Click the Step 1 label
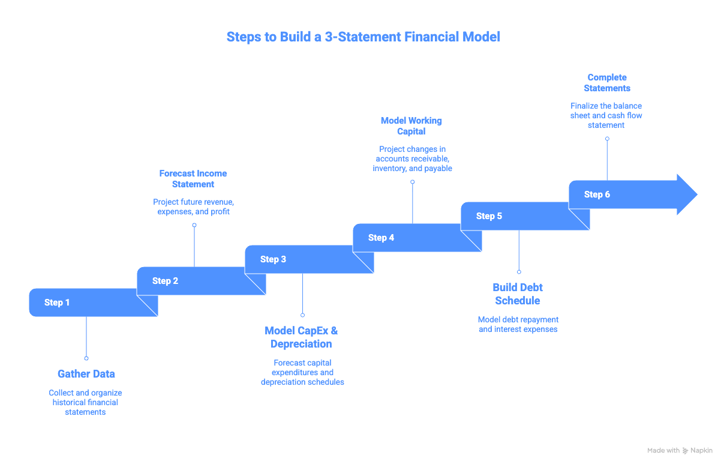click(x=57, y=303)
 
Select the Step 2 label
click(x=165, y=281)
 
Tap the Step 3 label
click(x=273, y=259)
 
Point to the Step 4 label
click(x=381, y=238)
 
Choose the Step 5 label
click(x=489, y=216)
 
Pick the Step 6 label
click(x=597, y=194)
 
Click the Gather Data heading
click(x=86, y=374)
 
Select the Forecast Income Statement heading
click(x=193, y=179)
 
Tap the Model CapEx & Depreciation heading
click(x=302, y=337)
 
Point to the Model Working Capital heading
click(x=411, y=126)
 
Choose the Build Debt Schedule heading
click(x=518, y=294)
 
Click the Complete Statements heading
click(x=607, y=83)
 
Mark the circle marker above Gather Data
click(x=86, y=358)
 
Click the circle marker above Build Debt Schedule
click(x=519, y=272)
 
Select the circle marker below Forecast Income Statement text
click(x=194, y=225)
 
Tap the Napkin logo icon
click(x=686, y=451)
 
